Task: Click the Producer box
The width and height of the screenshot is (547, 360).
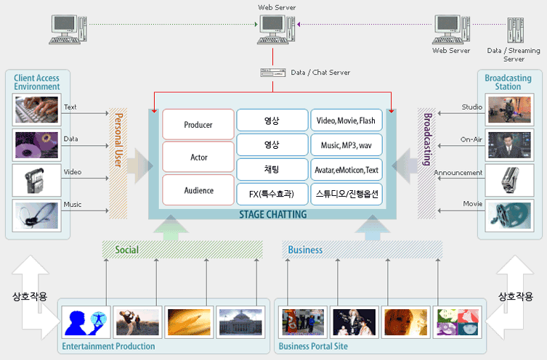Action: point(198,124)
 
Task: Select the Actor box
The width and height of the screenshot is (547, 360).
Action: point(198,157)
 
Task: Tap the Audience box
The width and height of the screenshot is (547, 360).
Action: point(198,190)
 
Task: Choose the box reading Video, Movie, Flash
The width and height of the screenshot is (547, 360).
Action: point(346,120)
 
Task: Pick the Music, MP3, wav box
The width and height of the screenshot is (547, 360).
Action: point(346,145)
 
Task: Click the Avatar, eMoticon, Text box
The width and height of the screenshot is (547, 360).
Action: point(346,170)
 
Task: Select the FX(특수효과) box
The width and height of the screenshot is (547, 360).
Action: point(272,194)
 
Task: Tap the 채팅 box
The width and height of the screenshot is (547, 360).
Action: point(272,170)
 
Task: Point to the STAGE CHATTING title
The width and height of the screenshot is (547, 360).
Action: point(273,214)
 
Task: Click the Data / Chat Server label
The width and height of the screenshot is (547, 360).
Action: point(320,73)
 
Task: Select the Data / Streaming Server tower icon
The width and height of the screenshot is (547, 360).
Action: point(516,30)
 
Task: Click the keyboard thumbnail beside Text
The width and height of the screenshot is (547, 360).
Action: point(36,110)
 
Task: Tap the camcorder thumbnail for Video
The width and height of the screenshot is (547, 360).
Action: point(36,181)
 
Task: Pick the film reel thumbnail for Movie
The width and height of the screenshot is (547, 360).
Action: point(509,216)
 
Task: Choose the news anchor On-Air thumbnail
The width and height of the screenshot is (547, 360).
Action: point(509,145)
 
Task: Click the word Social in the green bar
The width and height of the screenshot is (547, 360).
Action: point(126,250)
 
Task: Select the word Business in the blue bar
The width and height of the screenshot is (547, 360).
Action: point(305,250)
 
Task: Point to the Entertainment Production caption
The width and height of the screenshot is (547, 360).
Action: point(108,346)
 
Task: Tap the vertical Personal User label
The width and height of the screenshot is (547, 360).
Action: point(118,140)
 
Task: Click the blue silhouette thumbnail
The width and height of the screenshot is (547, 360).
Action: point(86,322)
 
